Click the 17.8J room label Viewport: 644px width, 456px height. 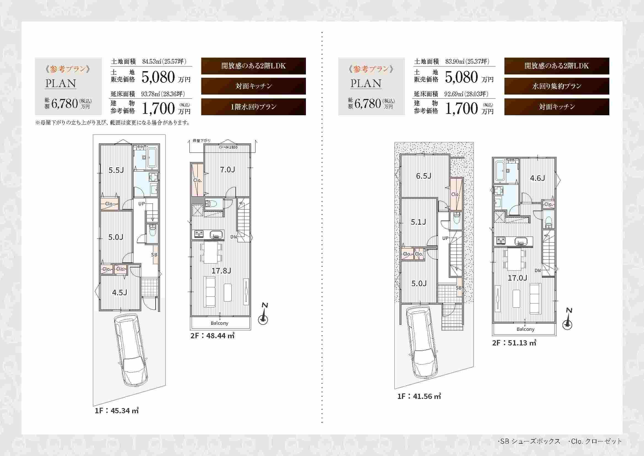point(221,271)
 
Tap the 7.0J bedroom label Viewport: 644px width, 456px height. point(227,169)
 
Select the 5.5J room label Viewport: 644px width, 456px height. point(116,170)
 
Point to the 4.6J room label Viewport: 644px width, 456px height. point(537,178)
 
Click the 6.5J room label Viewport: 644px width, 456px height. point(423,176)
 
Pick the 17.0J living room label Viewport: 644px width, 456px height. point(518,278)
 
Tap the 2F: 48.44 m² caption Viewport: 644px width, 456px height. point(212,335)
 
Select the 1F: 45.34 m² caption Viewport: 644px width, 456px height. point(117,411)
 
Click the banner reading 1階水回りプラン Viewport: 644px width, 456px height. point(254,107)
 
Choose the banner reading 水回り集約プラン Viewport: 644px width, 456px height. point(557,86)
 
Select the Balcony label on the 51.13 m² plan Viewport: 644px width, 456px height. point(525,329)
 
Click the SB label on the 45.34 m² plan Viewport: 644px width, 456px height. point(154,255)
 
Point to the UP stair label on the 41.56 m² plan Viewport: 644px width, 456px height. point(445,238)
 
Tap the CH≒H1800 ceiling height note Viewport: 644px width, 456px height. point(228,147)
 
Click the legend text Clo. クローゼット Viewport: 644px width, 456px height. point(595,441)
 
